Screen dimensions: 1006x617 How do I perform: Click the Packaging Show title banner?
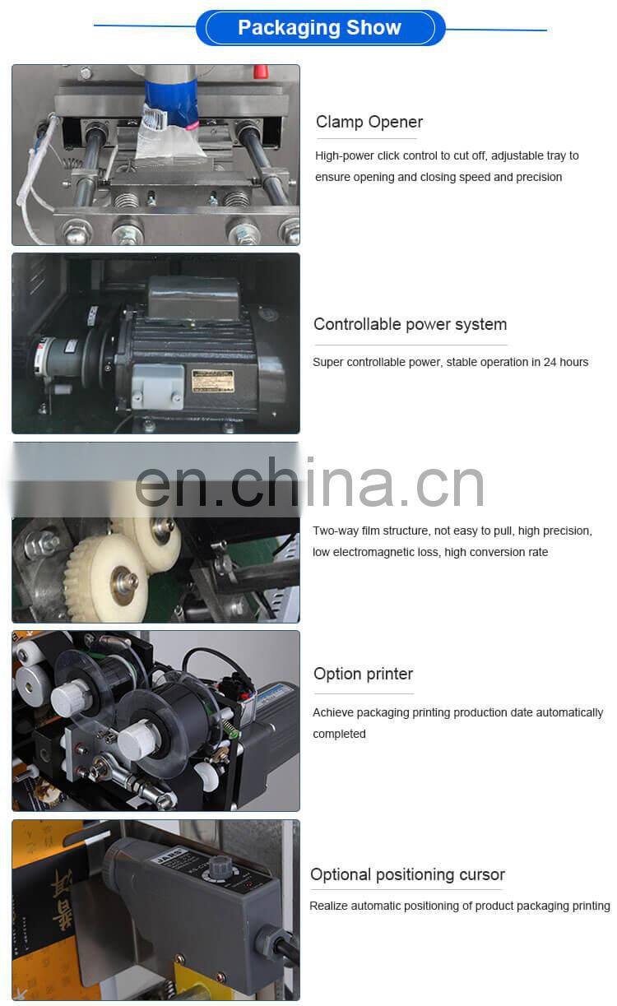(x=319, y=28)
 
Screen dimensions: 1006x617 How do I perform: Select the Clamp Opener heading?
(x=369, y=122)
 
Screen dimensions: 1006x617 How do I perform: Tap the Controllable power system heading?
(x=410, y=324)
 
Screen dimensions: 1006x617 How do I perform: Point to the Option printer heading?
(x=363, y=674)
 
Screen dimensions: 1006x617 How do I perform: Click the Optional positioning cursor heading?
(x=407, y=874)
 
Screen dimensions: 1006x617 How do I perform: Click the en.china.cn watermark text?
(x=309, y=484)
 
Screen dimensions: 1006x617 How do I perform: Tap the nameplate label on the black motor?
(x=213, y=381)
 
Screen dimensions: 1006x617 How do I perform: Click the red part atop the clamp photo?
(x=261, y=72)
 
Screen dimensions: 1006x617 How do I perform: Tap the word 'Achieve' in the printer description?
(x=333, y=712)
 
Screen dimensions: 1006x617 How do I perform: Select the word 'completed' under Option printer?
(x=339, y=734)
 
